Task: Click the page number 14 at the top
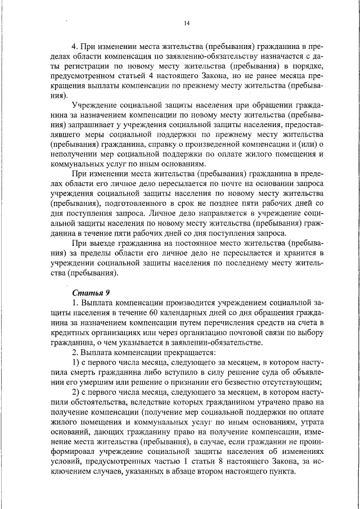[x=187, y=22]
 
